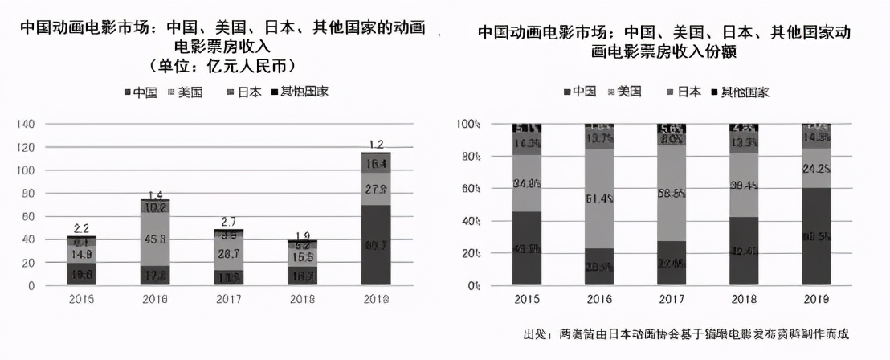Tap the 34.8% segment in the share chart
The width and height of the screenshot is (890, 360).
[527, 183]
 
